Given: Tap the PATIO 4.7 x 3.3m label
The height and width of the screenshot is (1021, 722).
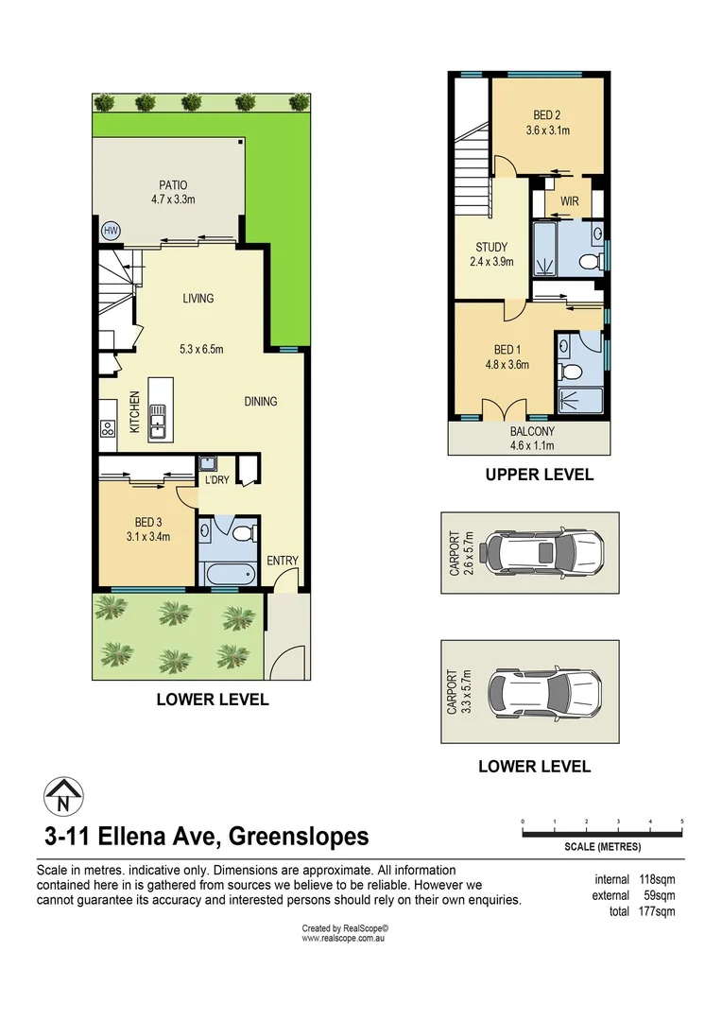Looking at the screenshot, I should click(x=172, y=192).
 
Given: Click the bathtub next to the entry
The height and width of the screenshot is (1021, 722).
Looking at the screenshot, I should click(x=228, y=572).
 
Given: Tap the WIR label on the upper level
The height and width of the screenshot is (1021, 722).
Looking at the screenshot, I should click(x=569, y=201).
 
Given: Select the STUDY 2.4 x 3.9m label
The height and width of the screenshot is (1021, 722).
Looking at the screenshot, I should click(x=491, y=254).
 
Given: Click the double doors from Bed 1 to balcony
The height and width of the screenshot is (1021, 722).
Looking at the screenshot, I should click(x=505, y=408).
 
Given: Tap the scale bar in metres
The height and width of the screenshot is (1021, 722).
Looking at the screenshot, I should click(x=602, y=833).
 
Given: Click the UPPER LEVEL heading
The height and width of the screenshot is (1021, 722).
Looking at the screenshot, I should click(x=539, y=475).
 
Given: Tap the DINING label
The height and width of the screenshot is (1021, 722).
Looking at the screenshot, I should click(x=260, y=401).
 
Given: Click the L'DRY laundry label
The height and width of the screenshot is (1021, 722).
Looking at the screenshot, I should click(x=217, y=480).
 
